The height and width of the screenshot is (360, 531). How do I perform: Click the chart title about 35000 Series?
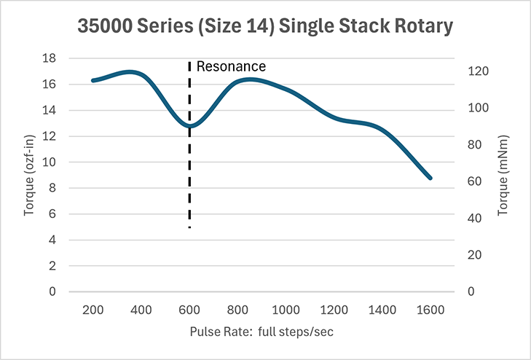point(265,27)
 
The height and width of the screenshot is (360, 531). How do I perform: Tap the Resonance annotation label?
point(232,66)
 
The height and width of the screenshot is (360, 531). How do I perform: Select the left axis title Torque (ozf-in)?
point(29,175)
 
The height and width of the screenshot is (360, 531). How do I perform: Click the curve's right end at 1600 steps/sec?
point(430,178)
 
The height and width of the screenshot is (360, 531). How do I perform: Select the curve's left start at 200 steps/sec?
point(93,80)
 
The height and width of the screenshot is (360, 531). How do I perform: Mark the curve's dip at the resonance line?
point(189,126)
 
